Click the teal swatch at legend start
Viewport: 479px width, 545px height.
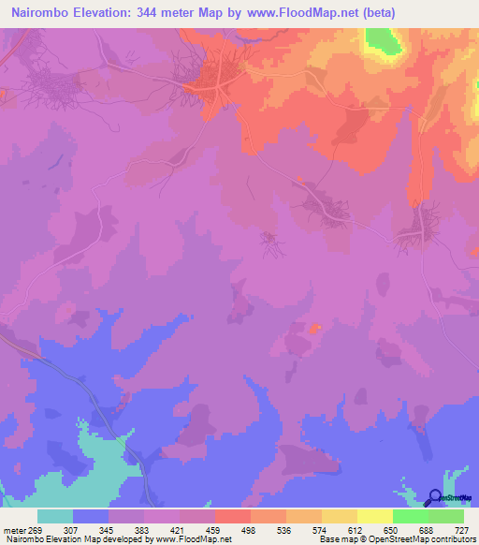[55, 516]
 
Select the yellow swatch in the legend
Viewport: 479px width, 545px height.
[375, 516]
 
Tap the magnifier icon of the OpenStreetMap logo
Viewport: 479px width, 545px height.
[434, 498]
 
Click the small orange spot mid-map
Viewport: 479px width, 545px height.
[315, 328]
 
